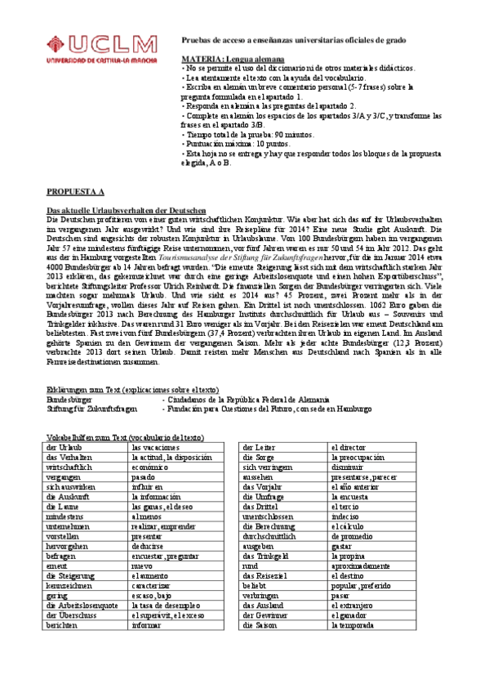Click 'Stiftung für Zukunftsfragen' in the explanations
[x=91, y=409]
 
